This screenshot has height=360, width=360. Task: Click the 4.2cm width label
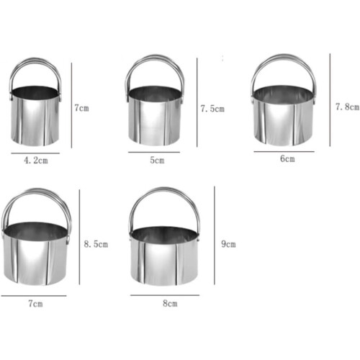[x=36, y=160]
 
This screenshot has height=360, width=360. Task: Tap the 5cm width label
[x=157, y=160]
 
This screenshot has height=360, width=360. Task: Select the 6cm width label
[x=287, y=158]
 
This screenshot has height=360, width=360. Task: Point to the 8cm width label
[x=170, y=303]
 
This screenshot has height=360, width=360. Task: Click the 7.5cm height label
[x=212, y=109]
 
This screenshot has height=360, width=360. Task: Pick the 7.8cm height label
[x=348, y=107]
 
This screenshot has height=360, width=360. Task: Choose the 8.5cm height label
[x=96, y=244]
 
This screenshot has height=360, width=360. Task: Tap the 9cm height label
[x=228, y=244]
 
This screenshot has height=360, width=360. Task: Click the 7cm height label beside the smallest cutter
[x=81, y=108]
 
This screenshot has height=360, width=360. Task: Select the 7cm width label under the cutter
[x=35, y=304]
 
